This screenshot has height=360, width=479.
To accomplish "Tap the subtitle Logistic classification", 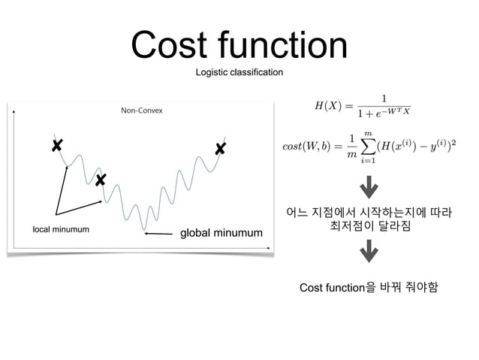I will click(239, 73).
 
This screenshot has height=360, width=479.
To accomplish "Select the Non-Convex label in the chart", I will click(142, 110).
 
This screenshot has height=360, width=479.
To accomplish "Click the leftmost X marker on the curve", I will click(57, 145).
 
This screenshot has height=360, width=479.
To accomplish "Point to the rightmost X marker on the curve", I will click(220, 149).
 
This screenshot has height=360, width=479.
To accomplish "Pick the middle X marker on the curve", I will click(100, 180).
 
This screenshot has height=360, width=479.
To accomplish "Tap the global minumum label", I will click(219, 234).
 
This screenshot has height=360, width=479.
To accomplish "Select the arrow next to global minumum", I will click(159, 234).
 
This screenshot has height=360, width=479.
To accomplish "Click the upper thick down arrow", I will click(369, 185).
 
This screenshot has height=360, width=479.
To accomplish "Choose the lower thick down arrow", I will click(369, 250).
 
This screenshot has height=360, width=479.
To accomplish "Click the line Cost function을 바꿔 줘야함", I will click(368, 287).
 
